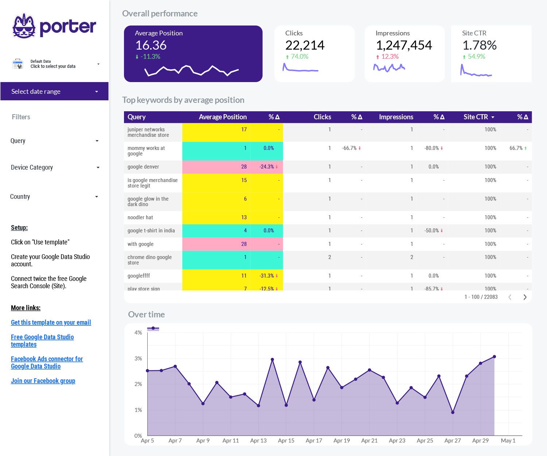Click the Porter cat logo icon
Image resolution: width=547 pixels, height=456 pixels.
pyautogui.click(x=24, y=26)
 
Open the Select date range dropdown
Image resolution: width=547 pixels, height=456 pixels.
pyautogui.click(x=54, y=91)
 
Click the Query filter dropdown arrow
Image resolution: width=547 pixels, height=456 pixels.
pyautogui.click(x=97, y=141)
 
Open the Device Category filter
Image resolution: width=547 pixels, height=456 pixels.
pyautogui.click(x=55, y=167)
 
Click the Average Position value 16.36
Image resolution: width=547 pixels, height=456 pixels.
pyautogui.click(x=151, y=45)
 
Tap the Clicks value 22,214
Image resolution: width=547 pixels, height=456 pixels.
pyautogui.click(x=304, y=45)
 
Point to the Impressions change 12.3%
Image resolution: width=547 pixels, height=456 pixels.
pyautogui.click(x=389, y=57)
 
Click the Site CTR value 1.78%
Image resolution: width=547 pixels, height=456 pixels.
pyautogui.click(x=479, y=45)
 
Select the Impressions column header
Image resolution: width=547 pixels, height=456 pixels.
pyautogui.click(x=396, y=117)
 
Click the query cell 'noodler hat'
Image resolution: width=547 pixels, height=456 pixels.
pyautogui.click(x=140, y=217)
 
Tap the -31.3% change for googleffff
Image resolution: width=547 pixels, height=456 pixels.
pyautogui.click(x=267, y=276)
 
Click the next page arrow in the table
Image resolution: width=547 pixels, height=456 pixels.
pyautogui.click(x=525, y=297)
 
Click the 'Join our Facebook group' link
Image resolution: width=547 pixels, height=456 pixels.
pyautogui.click(x=43, y=381)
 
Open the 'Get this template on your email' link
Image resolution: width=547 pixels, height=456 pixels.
pyautogui.click(x=51, y=322)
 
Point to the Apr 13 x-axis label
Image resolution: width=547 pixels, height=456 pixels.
pyautogui.click(x=258, y=441)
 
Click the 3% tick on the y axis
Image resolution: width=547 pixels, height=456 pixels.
pyautogui.click(x=138, y=359)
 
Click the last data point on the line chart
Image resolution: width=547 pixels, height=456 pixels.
pyautogui.click(x=494, y=357)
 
